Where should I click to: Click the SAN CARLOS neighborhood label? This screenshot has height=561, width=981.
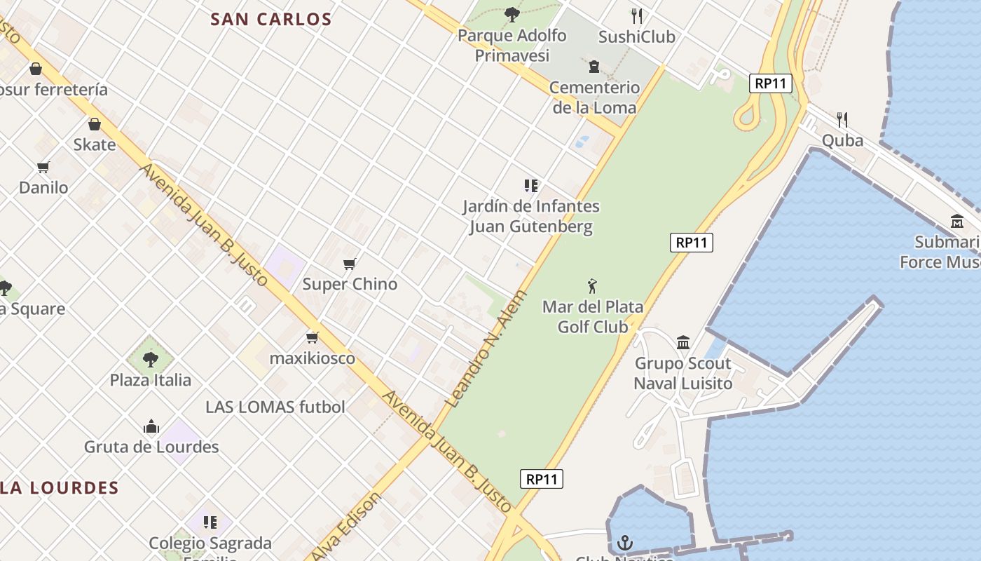[271, 20]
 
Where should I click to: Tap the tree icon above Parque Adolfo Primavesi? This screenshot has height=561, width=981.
[512, 14]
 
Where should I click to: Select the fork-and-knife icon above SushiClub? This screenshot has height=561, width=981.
[636, 16]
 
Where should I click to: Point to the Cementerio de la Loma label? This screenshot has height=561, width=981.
[594, 97]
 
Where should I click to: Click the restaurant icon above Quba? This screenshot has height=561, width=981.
[842, 120]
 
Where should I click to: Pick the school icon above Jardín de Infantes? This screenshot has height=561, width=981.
[530, 186]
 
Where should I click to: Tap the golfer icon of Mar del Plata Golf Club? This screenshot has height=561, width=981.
[593, 286]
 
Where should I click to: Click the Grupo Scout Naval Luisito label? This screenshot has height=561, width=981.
[682, 373]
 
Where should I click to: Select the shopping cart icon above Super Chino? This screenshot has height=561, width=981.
[350, 264]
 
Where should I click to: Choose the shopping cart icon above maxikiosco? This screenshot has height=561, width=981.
[313, 337]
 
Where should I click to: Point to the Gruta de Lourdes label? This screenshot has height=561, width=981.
[151, 447]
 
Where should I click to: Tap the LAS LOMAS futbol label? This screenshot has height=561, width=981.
[275, 407]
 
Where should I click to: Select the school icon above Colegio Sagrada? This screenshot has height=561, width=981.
[210, 522]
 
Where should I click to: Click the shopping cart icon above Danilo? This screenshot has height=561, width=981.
[43, 167]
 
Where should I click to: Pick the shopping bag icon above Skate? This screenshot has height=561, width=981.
[95, 124]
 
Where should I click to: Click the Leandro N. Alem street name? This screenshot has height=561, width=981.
[485, 349]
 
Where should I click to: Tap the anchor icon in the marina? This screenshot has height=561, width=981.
[624, 543]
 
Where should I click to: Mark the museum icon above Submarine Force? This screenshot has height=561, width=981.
[957, 222]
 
